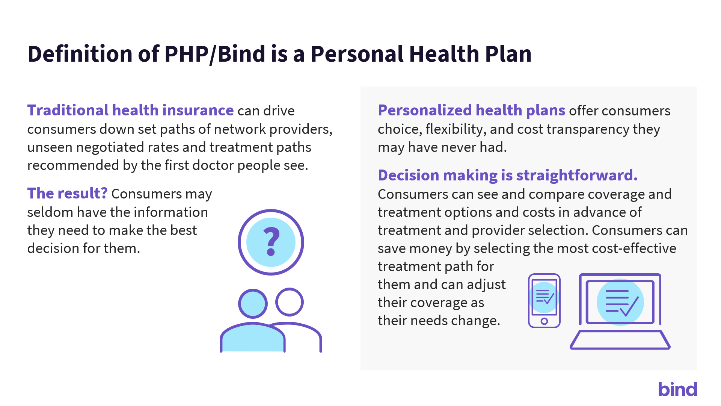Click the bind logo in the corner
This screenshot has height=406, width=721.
[x=677, y=389]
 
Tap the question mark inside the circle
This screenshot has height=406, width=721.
[x=271, y=242]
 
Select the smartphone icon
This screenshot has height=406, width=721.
[x=544, y=301]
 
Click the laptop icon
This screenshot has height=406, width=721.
[x=620, y=311]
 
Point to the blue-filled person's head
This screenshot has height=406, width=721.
[x=253, y=303]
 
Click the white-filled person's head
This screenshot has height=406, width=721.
[x=289, y=302]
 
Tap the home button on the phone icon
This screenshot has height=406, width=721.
[x=544, y=321]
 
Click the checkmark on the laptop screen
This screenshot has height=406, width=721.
[x=629, y=307]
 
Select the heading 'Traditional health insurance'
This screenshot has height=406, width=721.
[x=131, y=110]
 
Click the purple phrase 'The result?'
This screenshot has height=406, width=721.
[x=68, y=193]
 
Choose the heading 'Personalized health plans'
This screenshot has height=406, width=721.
[x=472, y=110]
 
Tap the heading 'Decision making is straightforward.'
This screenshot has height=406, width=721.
[x=508, y=175]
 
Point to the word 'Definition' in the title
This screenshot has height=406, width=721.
[x=80, y=53]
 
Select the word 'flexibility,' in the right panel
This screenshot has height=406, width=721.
[x=456, y=129]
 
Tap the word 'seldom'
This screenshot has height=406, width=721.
[x=50, y=212]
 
